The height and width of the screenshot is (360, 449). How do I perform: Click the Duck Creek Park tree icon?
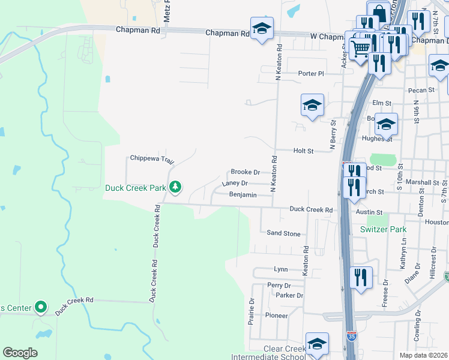(x=175, y=187)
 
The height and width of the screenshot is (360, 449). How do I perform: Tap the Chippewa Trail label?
(x=152, y=159)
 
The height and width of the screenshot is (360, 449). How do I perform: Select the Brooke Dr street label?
(x=246, y=172)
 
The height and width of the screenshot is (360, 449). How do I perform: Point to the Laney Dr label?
(x=235, y=183)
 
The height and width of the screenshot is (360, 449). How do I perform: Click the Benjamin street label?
(x=243, y=195)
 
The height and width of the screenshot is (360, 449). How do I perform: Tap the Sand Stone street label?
(x=283, y=233)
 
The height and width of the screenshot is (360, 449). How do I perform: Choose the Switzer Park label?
(x=383, y=229)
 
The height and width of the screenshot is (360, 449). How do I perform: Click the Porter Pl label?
(x=311, y=74)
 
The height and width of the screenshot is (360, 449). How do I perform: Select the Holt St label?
(x=303, y=151)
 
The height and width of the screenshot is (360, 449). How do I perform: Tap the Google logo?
(x=20, y=353)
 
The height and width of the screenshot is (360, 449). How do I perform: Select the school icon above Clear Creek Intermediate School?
(x=316, y=344)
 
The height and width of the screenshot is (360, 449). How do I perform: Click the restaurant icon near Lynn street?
(x=360, y=277)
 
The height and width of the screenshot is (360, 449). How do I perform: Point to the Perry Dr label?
(x=279, y=285)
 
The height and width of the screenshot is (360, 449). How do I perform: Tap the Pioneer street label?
(x=277, y=315)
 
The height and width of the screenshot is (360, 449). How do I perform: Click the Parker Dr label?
(x=289, y=295)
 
